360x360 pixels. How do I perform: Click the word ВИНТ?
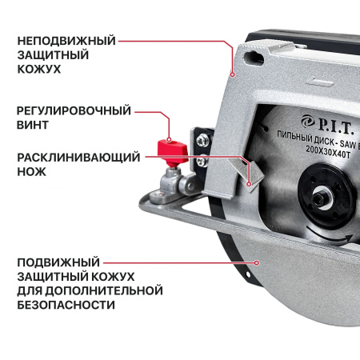33,126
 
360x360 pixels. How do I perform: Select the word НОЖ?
31,171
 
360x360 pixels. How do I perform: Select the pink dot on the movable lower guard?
257,262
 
